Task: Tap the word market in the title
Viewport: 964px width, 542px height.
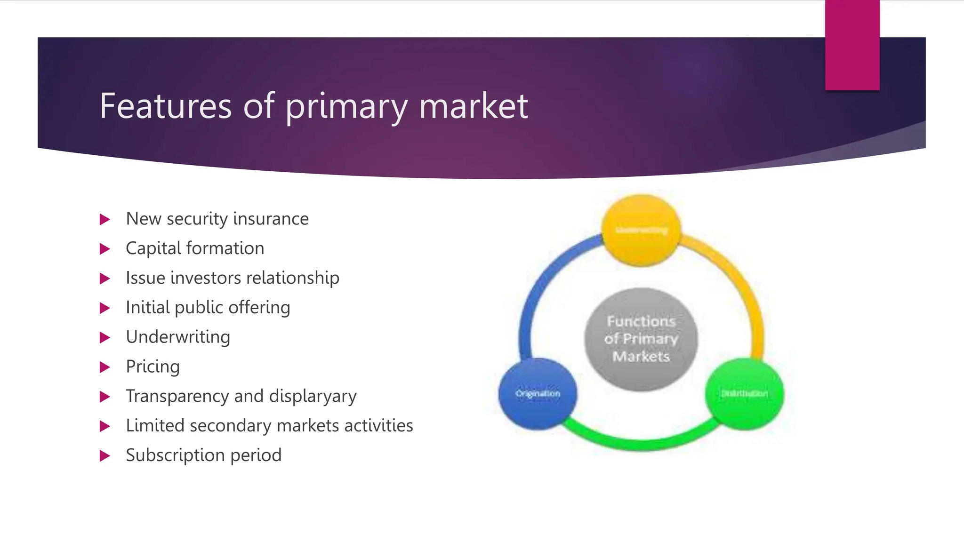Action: click(x=473, y=106)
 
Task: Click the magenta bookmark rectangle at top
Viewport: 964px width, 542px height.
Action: click(x=852, y=45)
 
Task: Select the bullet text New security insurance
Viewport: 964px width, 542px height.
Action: click(x=217, y=219)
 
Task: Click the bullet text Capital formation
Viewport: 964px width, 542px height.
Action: click(x=195, y=248)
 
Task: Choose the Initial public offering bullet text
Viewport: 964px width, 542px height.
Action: click(x=208, y=308)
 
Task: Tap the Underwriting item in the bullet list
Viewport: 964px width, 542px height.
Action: click(x=178, y=337)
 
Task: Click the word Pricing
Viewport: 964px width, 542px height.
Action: click(x=153, y=367)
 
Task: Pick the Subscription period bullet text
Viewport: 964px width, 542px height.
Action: click(x=203, y=455)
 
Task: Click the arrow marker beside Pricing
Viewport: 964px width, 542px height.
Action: click(x=105, y=367)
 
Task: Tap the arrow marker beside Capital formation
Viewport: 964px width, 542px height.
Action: click(x=105, y=249)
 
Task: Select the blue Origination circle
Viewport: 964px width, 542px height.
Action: click(x=538, y=394)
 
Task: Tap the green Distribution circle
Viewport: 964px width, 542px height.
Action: click(x=744, y=394)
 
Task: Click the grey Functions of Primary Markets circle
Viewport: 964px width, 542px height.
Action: click(x=641, y=339)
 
